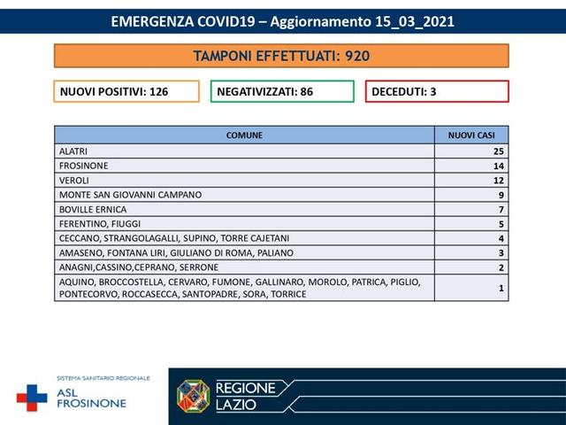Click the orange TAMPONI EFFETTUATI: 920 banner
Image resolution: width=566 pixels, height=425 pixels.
[x=281, y=56]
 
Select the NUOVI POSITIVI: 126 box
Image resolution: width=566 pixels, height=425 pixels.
[x=126, y=91]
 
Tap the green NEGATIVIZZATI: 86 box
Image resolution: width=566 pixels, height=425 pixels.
[x=282, y=91]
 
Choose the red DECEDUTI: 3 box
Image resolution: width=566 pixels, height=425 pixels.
[x=437, y=91]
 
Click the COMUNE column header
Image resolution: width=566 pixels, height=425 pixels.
[x=244, y=135]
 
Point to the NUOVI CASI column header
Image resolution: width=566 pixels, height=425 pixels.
[x=471, y=135]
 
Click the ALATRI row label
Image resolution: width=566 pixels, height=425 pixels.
[x=73, y=151]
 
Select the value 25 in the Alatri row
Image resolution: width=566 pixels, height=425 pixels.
[x=499, y=151]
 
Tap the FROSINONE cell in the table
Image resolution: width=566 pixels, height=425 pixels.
[x=83, y=166]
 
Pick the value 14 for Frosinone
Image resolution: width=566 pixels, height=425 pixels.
[x=499, y=166]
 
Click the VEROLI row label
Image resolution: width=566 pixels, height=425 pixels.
[x=73, y=180]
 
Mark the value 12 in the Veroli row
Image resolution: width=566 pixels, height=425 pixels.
[x=499, y=180]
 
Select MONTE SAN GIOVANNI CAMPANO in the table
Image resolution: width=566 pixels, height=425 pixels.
[x=130, y=194]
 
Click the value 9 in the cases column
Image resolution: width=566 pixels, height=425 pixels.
[x=501, y=194]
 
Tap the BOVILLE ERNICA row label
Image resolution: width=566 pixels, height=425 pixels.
[x=92, y=209]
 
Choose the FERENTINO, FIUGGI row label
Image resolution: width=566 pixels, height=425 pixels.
[x=99, y=223]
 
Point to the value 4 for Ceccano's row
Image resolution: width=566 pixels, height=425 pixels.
[x=501, y=237]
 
